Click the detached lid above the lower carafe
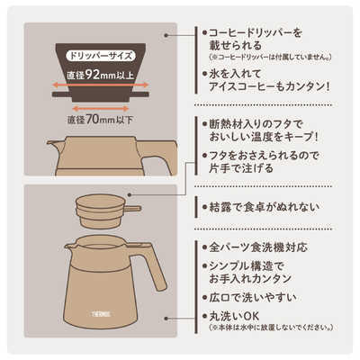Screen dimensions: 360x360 tap(100, 210)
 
